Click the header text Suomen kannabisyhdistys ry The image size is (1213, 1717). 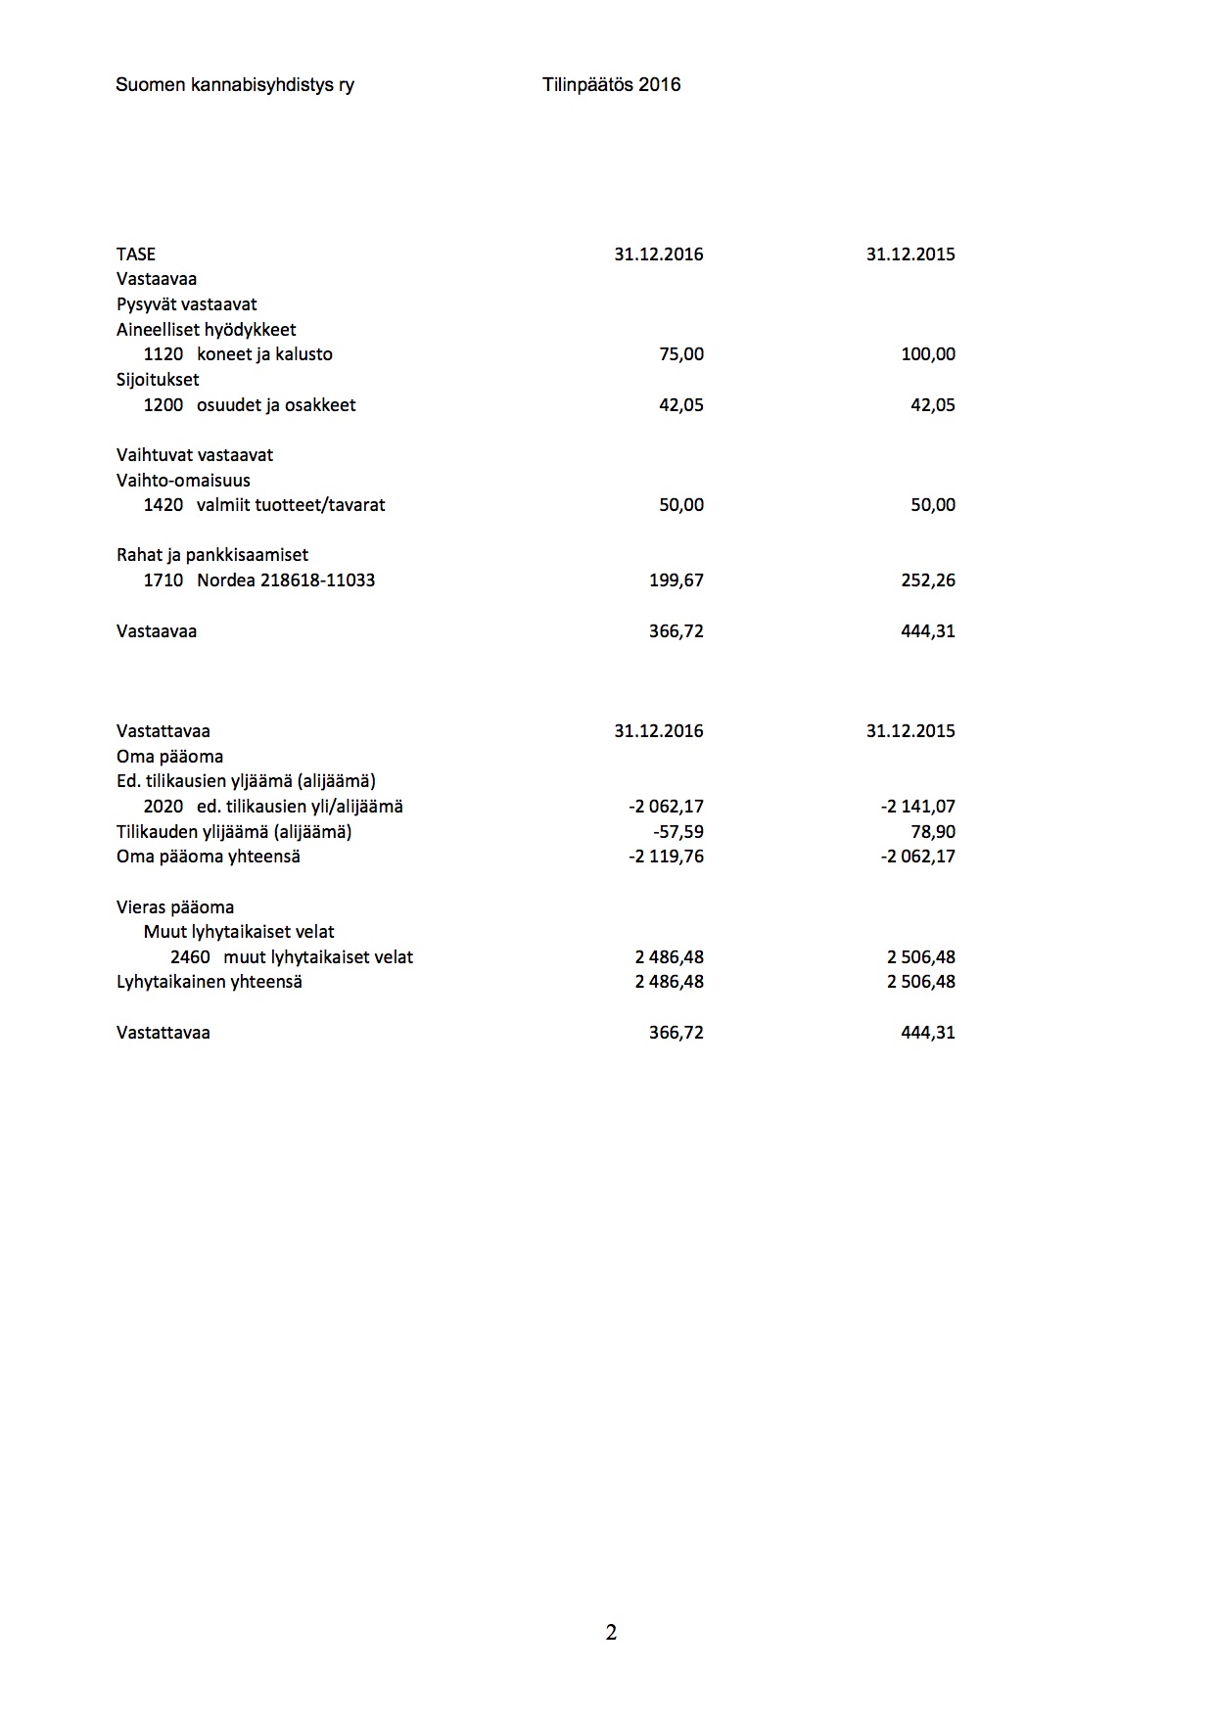point(235,85)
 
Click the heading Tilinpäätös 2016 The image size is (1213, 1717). point(611,85)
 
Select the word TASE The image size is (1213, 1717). point(136,255)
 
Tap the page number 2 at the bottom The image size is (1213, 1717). point(611,1632)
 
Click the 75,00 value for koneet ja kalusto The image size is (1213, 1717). point(681,354)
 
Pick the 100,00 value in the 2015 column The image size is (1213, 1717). point(927,354)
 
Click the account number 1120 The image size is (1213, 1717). point(163,354)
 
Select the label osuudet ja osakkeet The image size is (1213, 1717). point(276,405)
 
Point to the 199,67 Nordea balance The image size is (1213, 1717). point(676,580)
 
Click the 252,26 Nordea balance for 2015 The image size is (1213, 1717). point(927,580)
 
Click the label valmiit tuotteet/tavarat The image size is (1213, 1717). point(291,505)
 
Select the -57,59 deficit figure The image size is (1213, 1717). point(677,832)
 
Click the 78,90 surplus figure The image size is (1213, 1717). point(932,832)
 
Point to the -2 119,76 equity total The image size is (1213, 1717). point(666,857)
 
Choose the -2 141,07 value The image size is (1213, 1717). point(917,807)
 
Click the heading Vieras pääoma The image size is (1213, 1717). point(175,907)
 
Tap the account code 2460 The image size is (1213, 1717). point(190,957)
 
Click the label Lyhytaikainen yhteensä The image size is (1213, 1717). point(210,982)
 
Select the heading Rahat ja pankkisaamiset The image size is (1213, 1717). point(212,555)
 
